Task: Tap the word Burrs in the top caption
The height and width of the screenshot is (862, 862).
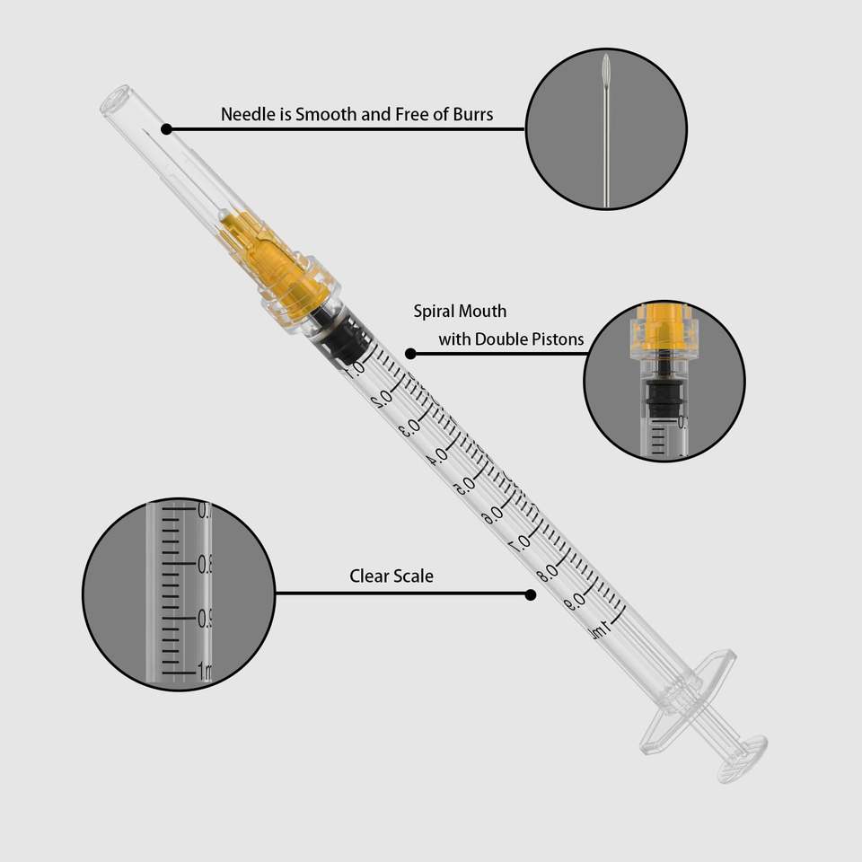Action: (473, 114)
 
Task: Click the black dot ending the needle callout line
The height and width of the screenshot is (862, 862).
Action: (167, 129)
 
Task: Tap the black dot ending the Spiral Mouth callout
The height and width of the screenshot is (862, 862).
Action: (410, 354)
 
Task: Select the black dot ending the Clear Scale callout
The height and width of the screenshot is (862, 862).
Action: (531, 594)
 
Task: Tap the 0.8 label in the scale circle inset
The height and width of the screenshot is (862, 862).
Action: (205, 564)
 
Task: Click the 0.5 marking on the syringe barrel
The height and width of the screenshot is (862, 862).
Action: (464, 486)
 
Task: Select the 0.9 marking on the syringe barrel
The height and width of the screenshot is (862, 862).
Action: (575, 603)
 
